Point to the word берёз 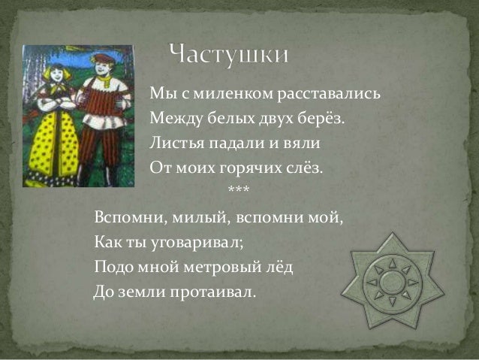328,118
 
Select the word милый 190,218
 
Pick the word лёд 273,266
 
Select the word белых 219,118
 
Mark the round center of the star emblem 387,283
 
